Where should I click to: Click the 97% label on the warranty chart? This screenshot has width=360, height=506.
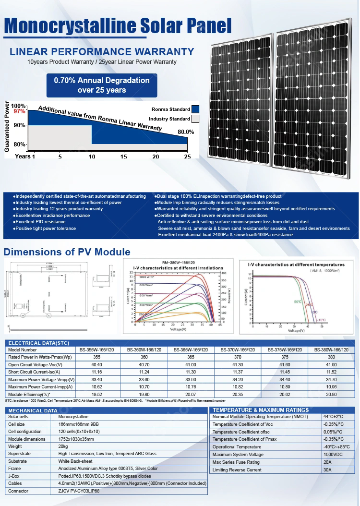[19, 111]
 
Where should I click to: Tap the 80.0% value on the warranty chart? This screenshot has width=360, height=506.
[186, 132]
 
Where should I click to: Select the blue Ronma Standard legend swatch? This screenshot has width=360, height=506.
[195, 109]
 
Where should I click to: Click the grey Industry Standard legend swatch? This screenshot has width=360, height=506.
[195, 119]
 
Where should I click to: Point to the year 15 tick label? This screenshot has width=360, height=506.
[124, 157]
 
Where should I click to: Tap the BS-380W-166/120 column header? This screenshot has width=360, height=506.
[331, 350]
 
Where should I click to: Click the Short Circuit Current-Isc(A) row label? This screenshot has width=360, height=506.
[34, 372]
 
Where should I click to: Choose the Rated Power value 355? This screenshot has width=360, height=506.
[97, 357]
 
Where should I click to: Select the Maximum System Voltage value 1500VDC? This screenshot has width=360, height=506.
[334, 455]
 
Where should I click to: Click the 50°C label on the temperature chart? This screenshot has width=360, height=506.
[298, 301]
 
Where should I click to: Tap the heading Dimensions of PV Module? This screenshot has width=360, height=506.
[67, 252]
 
